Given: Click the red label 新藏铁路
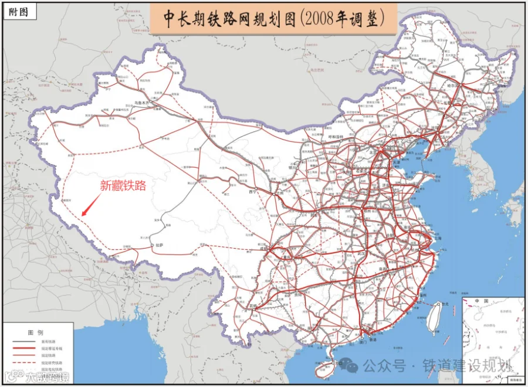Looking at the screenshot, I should point(123,186).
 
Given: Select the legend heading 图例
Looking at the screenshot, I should point(40,330).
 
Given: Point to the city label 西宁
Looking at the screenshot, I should point(253,192).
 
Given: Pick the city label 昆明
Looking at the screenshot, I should point(253,306).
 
